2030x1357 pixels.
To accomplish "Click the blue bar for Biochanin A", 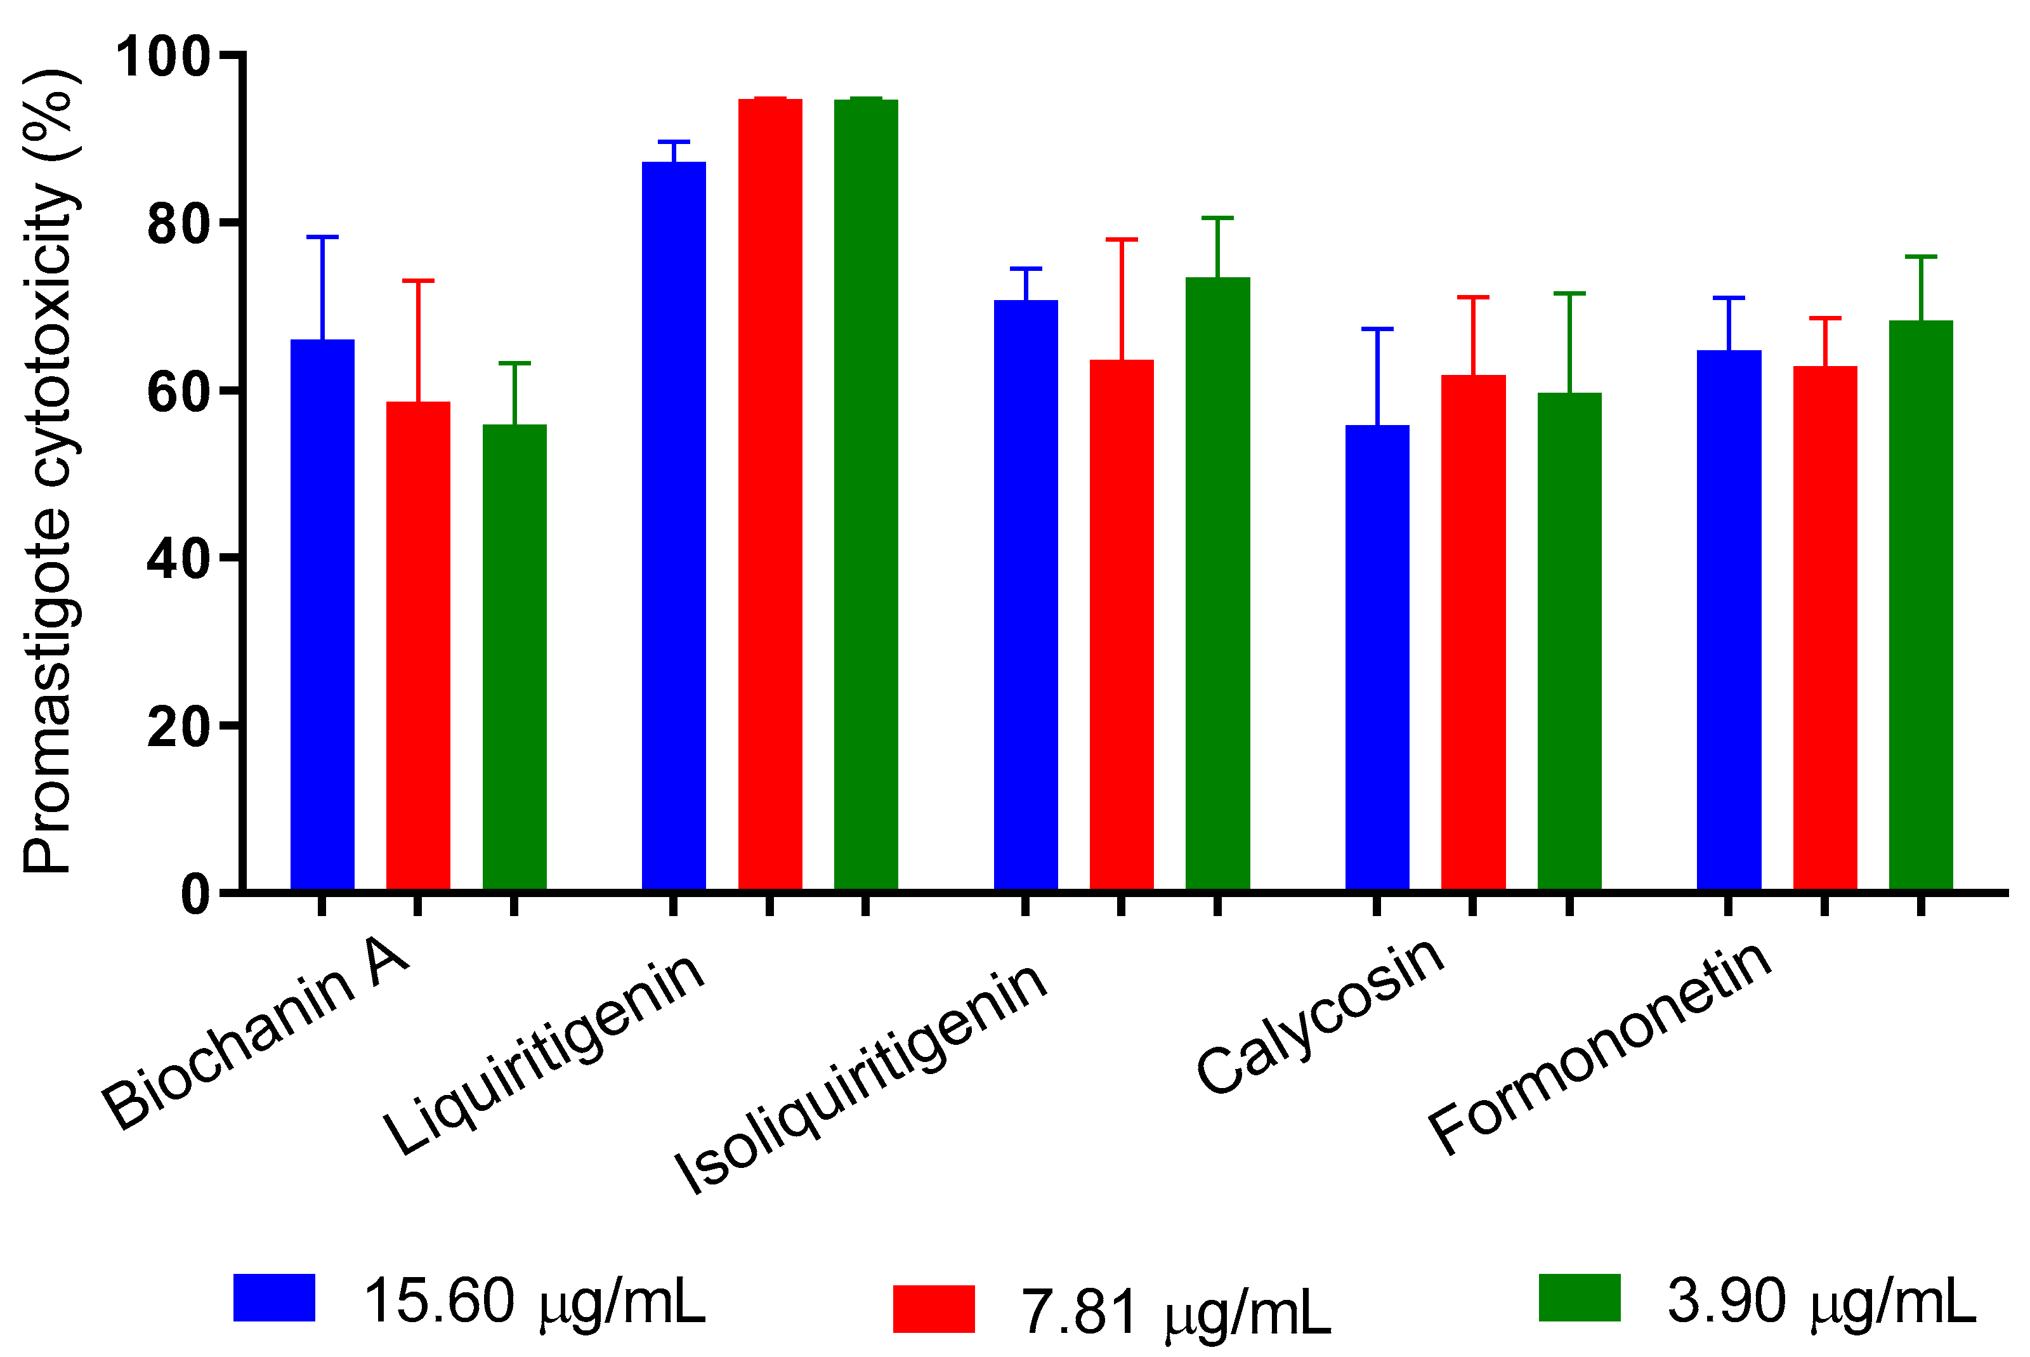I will (x=322, y=615).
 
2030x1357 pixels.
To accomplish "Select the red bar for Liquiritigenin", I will (x=769, y=494).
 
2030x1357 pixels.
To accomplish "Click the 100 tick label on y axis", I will (x=162, y=57).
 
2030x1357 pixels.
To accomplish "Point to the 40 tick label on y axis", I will (x=178, y=559).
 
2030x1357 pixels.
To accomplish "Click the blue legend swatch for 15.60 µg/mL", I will (x=273, y=1297).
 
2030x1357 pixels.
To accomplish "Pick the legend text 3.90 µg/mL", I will (x=1821, y=1300).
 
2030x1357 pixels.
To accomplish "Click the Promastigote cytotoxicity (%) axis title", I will (x=50, y=471).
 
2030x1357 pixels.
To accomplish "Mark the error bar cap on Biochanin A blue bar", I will (x=322, y=236).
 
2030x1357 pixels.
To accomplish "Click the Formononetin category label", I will (x=1597, y=1048).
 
